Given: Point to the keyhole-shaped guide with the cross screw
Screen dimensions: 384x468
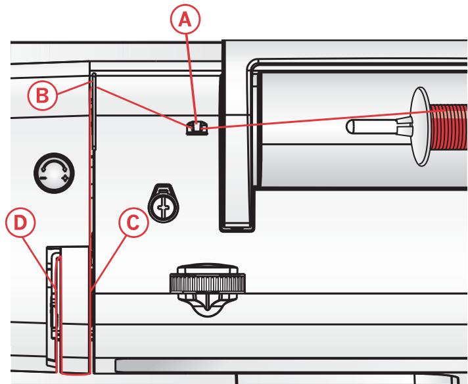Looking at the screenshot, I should (x=160, y=199).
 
